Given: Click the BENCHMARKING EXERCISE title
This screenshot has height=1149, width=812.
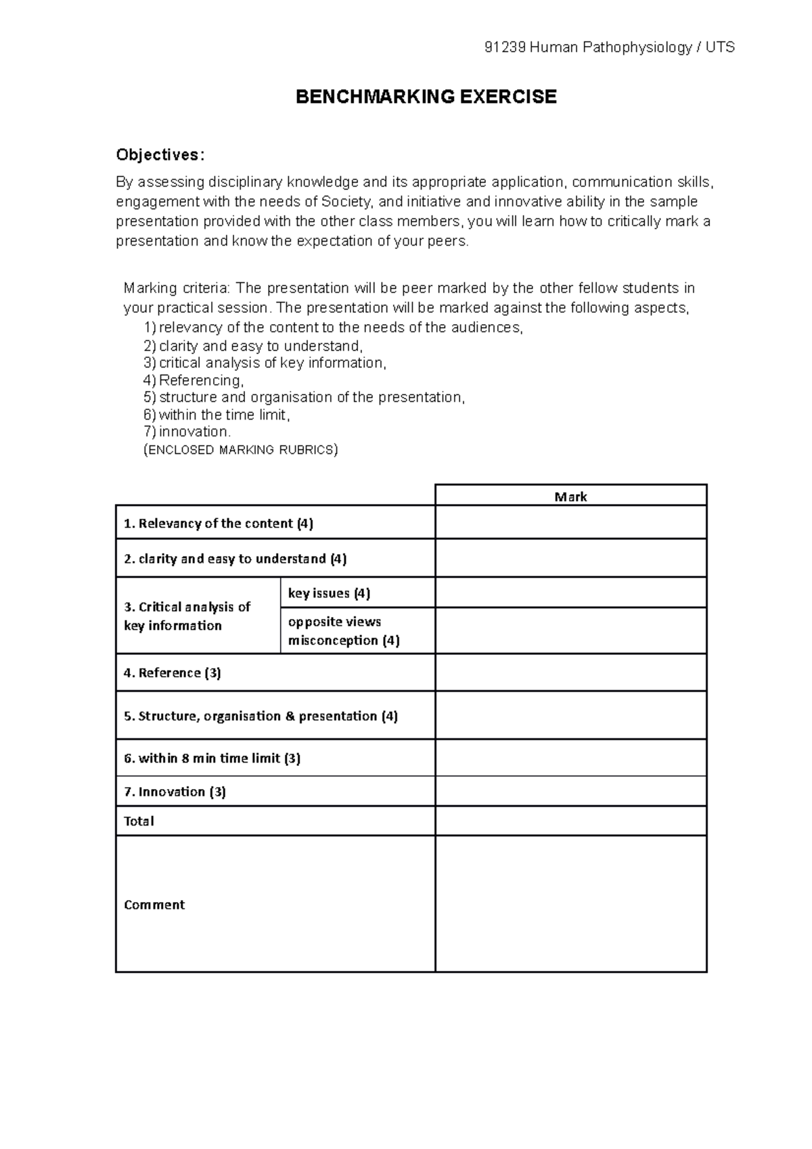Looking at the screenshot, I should tap(426, 97).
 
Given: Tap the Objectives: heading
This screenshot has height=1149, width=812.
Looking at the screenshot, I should tap(159, 155).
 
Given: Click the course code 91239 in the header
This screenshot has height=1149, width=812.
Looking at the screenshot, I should tap(505, 47).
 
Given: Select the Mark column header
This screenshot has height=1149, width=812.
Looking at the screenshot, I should tap(570, 497).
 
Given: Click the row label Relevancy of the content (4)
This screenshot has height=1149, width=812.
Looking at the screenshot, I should tap(219, 523).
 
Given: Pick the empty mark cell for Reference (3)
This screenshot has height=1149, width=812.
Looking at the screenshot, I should tap(570, 673).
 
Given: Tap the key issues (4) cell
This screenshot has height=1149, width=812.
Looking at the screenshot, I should tap(329, 593).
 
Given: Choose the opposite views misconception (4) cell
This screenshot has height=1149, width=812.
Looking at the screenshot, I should tap(344, 631).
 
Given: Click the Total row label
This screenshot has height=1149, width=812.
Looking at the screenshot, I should tap(139, 821).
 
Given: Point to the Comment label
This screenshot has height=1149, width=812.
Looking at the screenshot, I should tap(154, 905).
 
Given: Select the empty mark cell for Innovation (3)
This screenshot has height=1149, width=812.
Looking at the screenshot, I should tap(570, 791).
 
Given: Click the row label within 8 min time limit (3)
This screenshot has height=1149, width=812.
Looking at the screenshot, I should tap(212, 758).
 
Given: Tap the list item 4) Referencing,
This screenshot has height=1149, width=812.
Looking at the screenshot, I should tap(194, 380).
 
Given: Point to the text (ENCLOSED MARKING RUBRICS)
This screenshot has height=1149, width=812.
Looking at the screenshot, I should tap(241, 450).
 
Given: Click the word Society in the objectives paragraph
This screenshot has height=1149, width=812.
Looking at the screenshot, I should tap(346, 202).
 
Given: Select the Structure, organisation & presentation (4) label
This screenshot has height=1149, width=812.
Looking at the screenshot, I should tap(261, 716).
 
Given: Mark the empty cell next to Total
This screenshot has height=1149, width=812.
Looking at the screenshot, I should tap(570, 821).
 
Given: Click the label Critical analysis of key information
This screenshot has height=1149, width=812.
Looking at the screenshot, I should tap(187, 616).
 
